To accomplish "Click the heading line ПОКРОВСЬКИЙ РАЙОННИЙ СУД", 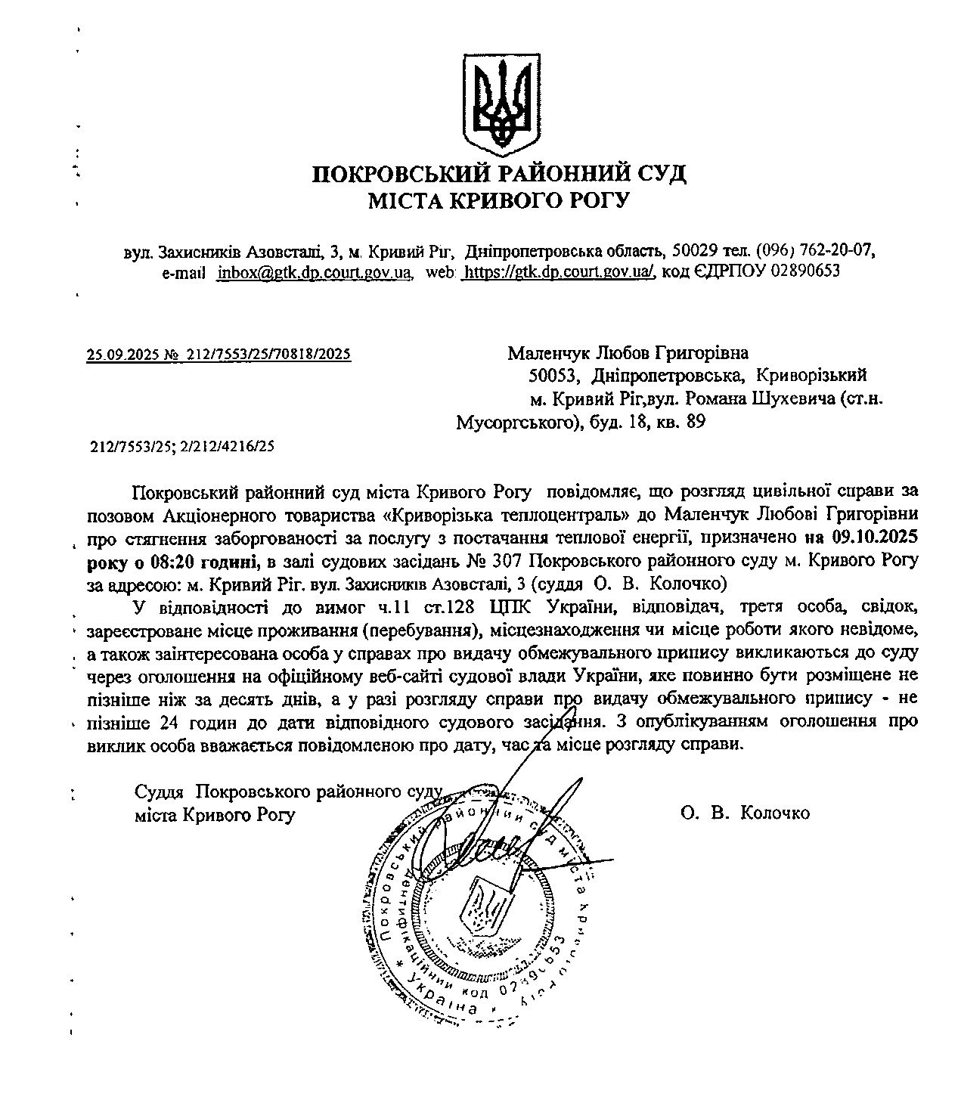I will tap(499, 175).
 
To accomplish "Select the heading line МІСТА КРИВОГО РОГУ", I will tap(499, 201).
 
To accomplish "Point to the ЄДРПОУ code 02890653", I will tap(805, 271).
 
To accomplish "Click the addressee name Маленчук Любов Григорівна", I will tap(628, 353).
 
